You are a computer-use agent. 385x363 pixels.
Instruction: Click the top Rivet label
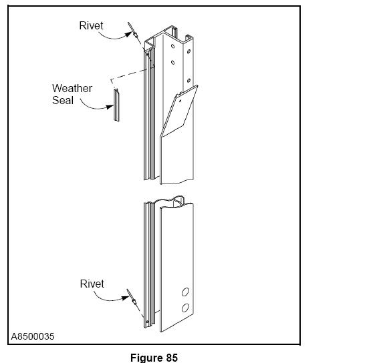91,26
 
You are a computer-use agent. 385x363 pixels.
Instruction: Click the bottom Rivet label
92,284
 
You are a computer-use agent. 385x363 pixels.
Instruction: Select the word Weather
72,88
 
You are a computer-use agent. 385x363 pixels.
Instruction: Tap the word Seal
63,100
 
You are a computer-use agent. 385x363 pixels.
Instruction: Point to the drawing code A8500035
33,336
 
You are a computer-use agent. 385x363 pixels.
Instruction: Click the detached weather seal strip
116,105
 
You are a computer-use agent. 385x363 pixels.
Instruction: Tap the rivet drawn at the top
134,33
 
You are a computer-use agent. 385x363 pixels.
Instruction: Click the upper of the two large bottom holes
185,292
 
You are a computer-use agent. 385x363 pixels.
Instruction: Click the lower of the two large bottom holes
185,308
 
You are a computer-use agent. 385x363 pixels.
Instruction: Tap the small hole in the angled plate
180,101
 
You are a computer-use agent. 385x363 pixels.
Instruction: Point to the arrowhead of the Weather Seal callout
110,107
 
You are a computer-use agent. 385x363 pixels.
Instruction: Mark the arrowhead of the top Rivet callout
128,34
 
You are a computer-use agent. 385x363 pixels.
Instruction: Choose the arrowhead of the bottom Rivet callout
126,298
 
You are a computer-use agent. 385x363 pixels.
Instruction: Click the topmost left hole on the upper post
173,46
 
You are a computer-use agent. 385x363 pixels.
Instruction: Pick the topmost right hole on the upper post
188,51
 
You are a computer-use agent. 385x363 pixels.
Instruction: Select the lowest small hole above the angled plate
188,80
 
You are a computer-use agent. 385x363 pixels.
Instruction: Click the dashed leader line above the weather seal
130,74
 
